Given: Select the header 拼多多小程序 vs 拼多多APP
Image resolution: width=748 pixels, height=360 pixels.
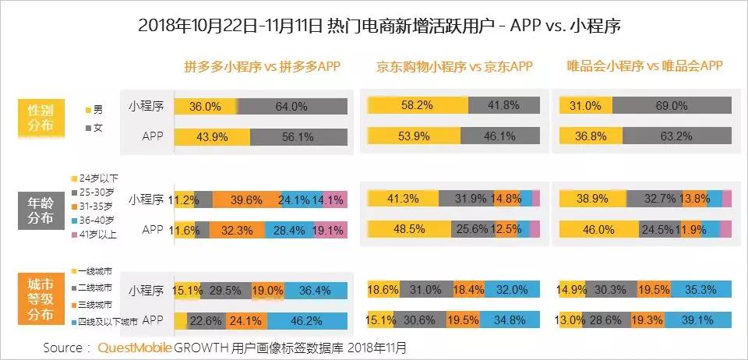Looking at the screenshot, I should [x=262, y=66].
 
